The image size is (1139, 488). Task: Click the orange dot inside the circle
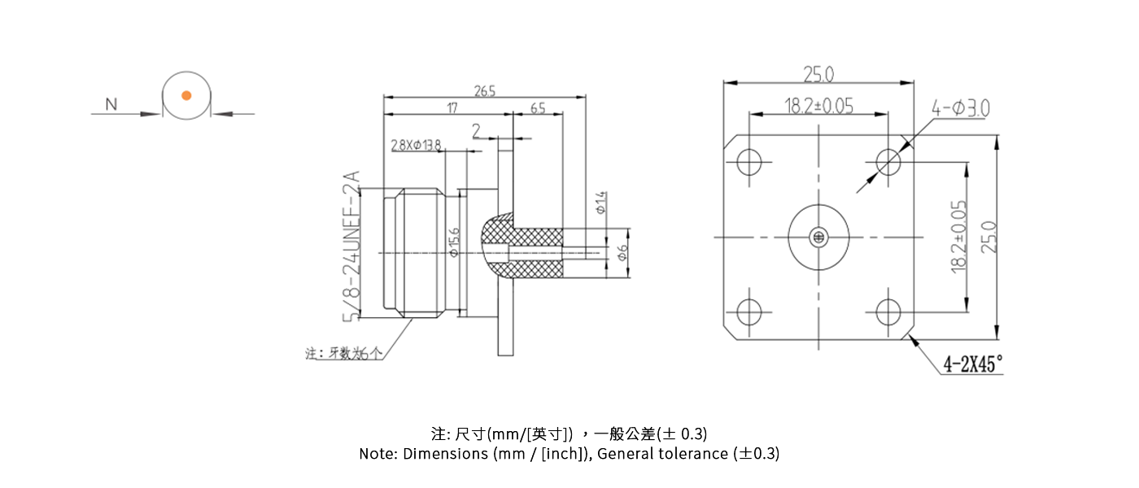point(186,95)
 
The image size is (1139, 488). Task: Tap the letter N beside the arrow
point(111,104)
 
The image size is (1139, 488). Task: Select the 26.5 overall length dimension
point(485,90)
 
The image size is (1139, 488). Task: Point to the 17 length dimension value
point(451,107)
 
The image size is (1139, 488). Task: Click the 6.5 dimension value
point(538,107)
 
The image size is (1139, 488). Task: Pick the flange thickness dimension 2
point(477,130)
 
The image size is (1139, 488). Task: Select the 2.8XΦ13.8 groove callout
point(416,145)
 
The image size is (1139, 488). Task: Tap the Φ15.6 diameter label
point(455,242)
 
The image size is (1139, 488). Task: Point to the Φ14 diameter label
point(601,202)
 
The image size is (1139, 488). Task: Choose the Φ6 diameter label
point(622,254)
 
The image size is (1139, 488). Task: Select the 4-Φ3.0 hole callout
point(961,107)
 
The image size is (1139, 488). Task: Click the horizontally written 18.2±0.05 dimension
point(818,106)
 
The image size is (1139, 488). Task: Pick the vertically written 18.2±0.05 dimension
point(959,236)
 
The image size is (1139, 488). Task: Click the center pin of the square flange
point(818,237)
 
